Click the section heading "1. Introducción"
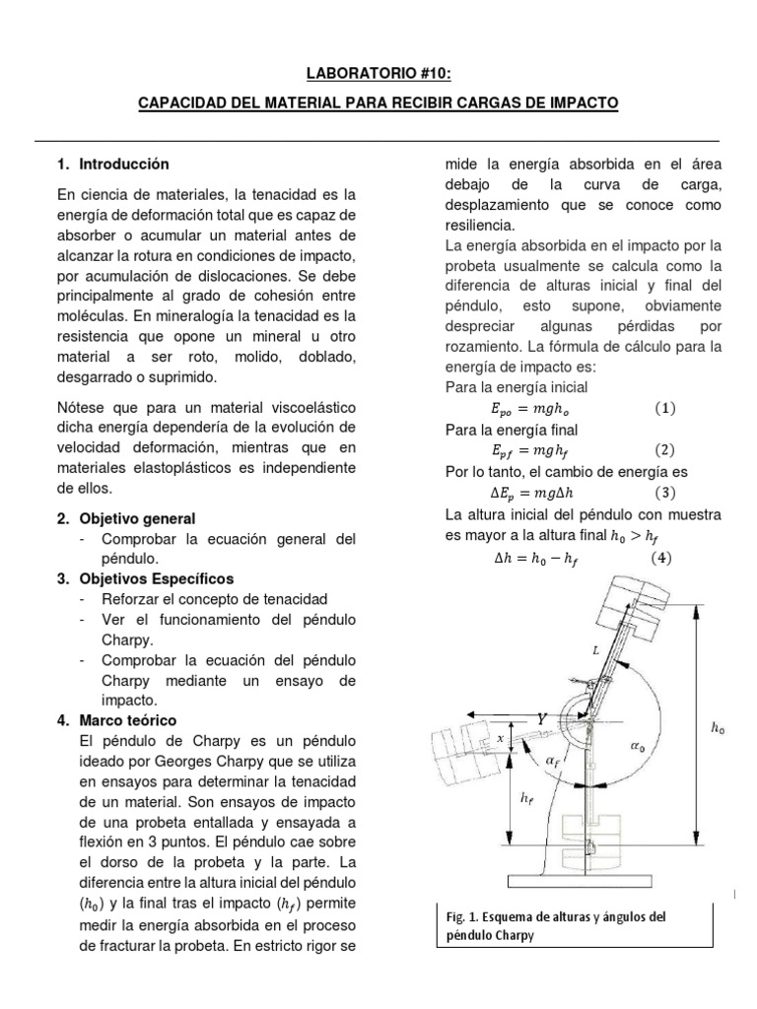tap(112, 164)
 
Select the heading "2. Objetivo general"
tap(125, 518)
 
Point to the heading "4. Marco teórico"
tap(116, 720)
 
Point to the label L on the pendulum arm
tap(595, 650)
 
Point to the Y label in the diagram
tap(540, 720)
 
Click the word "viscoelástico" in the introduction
tap(311, 407)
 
